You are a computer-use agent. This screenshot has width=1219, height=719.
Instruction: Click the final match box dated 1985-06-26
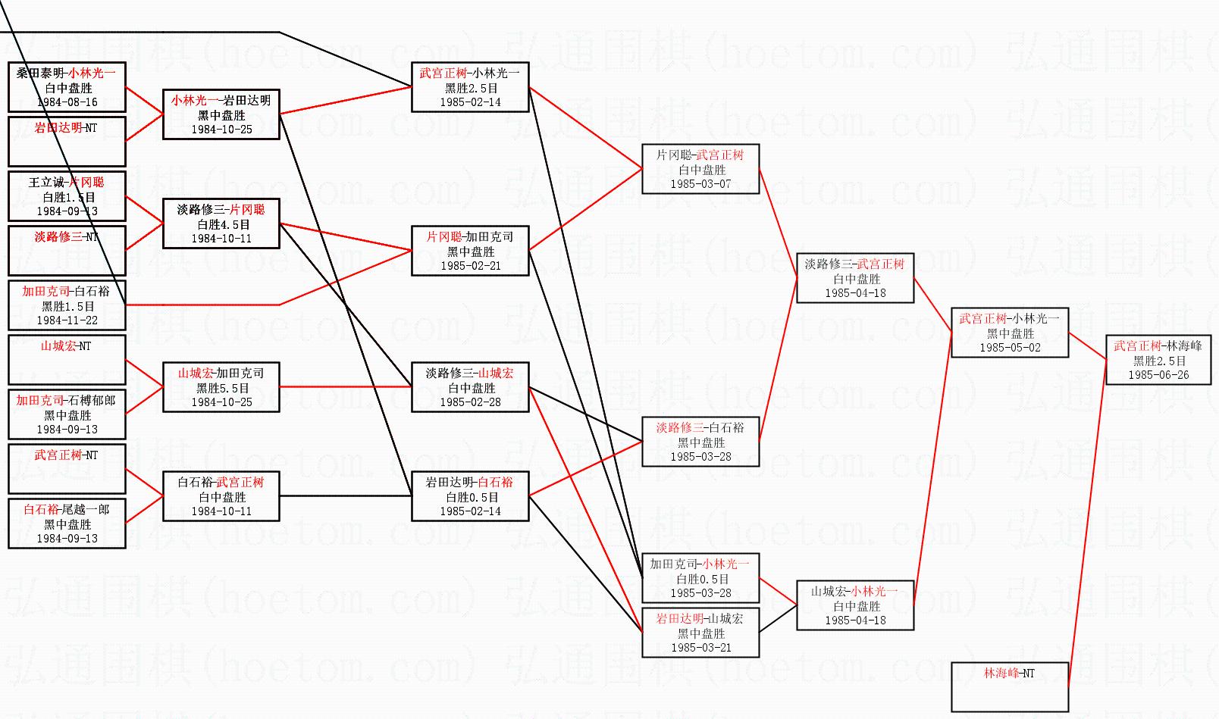(1158, 360)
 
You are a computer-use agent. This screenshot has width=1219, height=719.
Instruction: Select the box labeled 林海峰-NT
(1009, 686)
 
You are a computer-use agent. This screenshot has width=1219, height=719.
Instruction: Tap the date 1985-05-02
(1010, 348)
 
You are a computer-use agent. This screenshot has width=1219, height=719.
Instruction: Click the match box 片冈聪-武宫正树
(700, 169)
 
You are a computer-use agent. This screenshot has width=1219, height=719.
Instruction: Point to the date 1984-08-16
(67, 102)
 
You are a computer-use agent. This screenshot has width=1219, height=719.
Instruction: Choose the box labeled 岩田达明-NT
(67, 141)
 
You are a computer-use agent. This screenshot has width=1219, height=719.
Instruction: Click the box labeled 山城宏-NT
(67, 359)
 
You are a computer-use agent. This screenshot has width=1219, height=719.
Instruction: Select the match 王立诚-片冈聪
(67, 196)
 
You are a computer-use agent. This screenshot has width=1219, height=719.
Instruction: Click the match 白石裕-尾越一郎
(67, 524)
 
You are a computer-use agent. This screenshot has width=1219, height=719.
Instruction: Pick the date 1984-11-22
(67, 320)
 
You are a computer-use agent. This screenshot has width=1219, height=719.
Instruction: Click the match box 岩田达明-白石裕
(470, 496)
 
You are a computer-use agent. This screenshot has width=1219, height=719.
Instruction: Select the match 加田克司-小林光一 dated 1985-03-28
(700, 578)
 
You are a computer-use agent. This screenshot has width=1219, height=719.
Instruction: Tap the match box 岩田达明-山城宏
(700, 633)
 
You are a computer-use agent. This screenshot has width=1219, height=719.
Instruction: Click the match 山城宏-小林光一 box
(855, 605)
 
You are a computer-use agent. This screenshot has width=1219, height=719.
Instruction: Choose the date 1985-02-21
(471, 266)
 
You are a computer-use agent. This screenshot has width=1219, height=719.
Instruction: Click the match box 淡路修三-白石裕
(700, 442)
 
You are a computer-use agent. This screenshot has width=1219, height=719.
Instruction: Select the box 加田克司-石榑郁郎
(67, 414)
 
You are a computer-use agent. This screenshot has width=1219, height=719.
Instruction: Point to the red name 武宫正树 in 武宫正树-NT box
(58, 455)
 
